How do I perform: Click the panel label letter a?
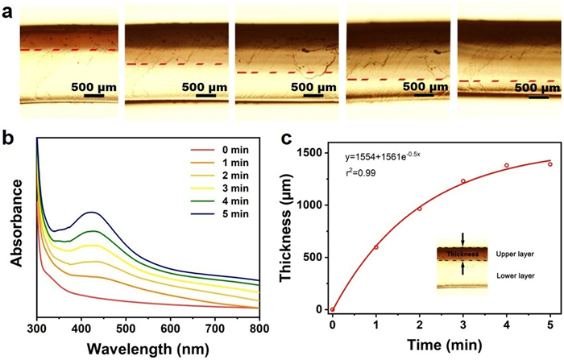coord(9,10)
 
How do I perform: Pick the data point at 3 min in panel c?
coord(463,181)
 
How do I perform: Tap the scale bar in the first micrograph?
coord(93,96)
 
